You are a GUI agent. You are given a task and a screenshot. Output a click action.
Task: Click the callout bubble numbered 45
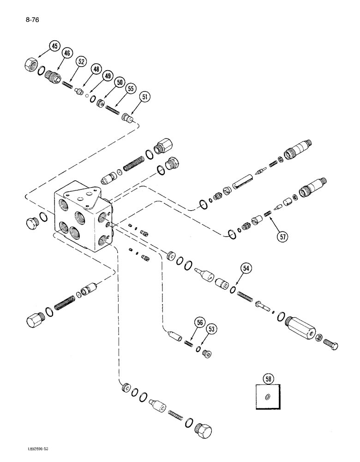[55, 47]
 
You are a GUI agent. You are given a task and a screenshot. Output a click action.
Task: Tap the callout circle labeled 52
[82, 61]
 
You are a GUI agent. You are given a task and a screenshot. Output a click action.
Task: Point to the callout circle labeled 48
[96, 69]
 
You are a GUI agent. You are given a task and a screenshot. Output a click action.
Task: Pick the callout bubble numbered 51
[145, 97]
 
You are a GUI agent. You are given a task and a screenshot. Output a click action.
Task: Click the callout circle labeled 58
[268, 379]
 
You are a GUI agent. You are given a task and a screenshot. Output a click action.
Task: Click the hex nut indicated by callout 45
[30, 65]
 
